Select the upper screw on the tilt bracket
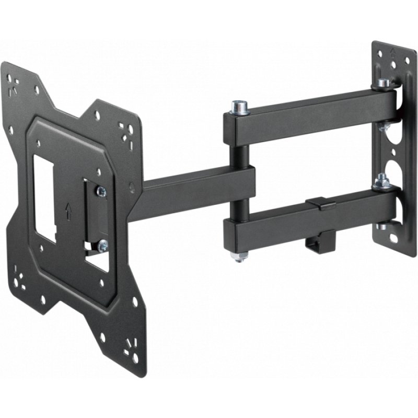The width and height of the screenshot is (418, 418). click(101, 192)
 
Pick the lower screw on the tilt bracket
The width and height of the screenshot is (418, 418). click(103, 245)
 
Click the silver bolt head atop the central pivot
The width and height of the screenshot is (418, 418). click(239, 106)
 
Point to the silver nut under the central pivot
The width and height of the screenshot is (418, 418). click(240, 257)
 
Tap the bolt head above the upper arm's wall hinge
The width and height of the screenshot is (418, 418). click(384, 83)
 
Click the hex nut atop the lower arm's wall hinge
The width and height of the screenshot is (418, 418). click(382, 181)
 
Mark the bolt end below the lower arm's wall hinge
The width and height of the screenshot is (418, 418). click(382, 226)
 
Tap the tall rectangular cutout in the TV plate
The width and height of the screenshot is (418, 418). click(44, 198)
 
